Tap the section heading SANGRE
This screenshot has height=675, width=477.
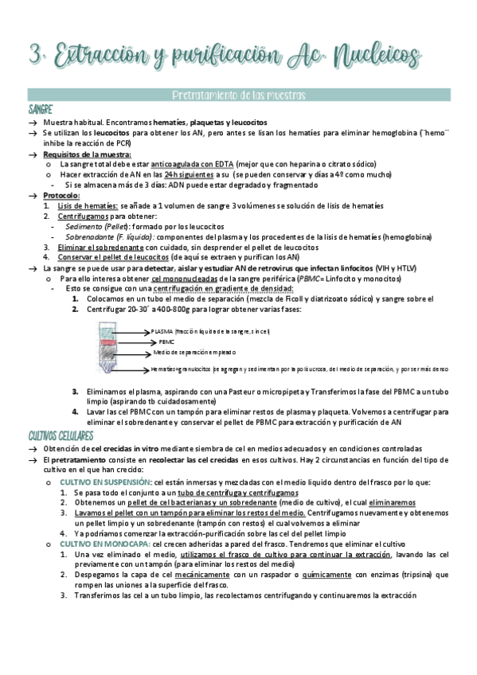click(x=41, y=109)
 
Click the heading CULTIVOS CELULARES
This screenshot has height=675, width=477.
click(x=61, y=436)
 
